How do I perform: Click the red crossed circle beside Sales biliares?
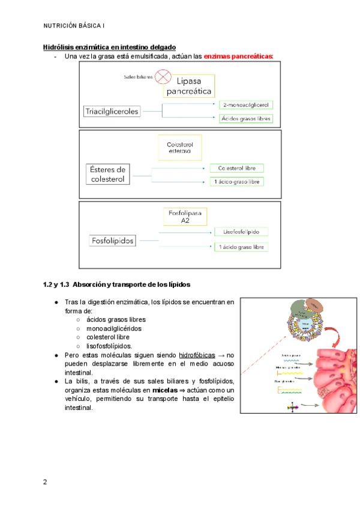pyautogui.click(x=162, y=77)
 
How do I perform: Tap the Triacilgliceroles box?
pyautogui.click(x=112, y=111)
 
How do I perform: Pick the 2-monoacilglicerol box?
pyautogui.click(x=246, y=104)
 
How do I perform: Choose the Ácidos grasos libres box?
pyautogui.click(x=246, y=119)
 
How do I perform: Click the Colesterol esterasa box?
pyautogui.click(x=180, y=148)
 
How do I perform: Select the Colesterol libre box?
pyautogui.click(x=236, y=168)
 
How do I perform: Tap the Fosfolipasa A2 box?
pyautogui.click(x=185, y=217)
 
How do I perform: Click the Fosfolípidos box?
pyautogui.click(x=112, y=241)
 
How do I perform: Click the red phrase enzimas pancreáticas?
pyautogui.click(x=238, y=56)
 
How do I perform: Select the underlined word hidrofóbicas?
pyautogui.click(x=197, y=355)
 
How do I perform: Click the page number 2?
pyautogui.click(x=45, y=482)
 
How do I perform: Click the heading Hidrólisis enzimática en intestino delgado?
pyautogui.click(x=109, y=47)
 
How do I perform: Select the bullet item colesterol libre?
pyautogui.click(x=109, y=337)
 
